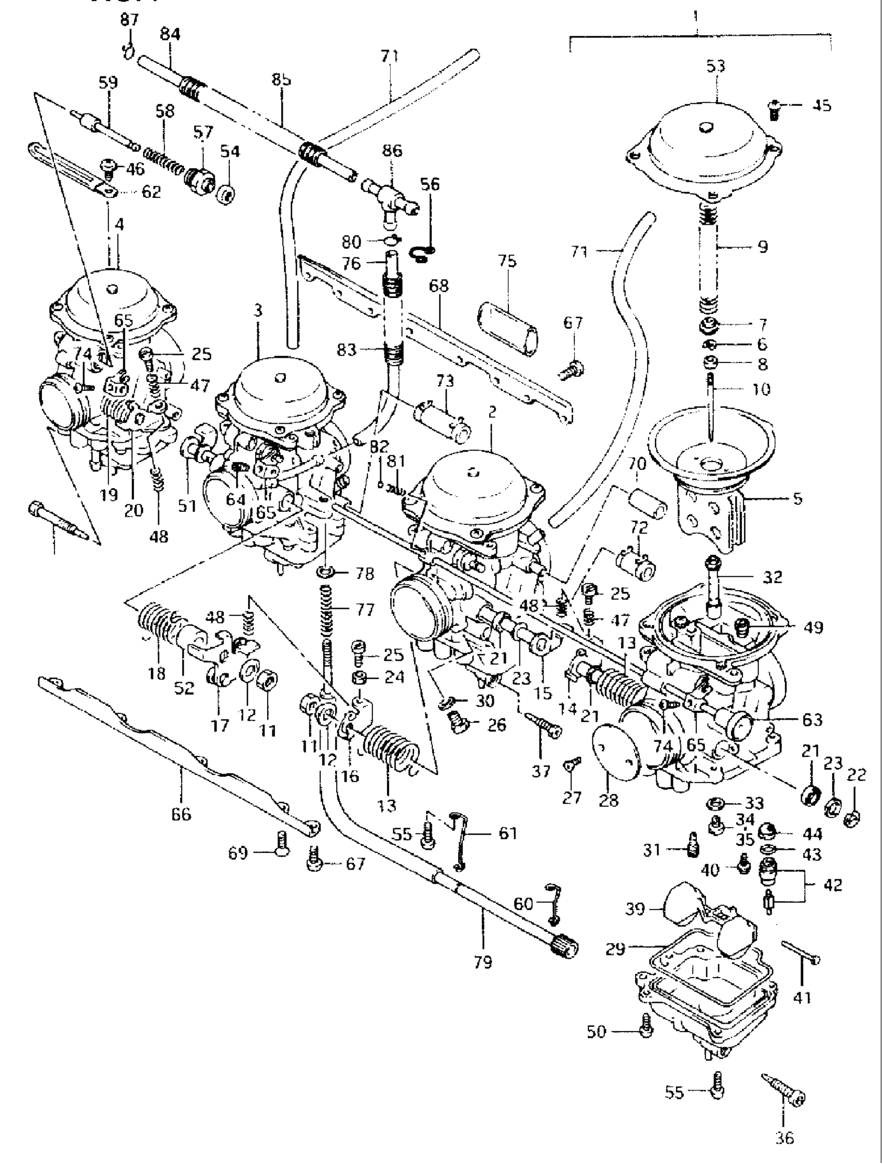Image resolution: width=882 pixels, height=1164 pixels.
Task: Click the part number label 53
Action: pyautogui.click(x=716, y=66)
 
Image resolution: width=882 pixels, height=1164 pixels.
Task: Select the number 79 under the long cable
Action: pyautogui.click(x=483, y=963)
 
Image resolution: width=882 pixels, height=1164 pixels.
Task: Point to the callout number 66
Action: pyautogui.click(x=181, y=815)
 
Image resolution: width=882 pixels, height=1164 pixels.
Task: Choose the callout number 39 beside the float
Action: pyautogui.click(x=636, y=909)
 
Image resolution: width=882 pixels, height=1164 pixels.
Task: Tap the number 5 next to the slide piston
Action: pyautogui.click(x=798, y=498)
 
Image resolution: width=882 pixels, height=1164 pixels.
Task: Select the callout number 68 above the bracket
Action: pyautogui.click(x=439, y=286)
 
